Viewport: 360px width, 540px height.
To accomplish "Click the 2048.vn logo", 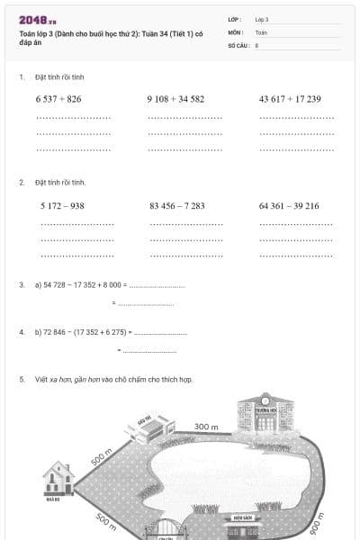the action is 38,20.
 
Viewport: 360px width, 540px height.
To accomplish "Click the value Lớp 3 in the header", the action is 262,19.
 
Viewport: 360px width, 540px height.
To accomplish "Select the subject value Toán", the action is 261,31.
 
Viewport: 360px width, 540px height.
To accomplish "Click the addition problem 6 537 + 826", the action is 58,99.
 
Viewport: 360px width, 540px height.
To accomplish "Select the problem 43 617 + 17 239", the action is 290,99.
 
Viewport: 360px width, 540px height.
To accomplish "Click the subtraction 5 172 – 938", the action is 62,206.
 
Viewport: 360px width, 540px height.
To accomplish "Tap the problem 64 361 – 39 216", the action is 289,206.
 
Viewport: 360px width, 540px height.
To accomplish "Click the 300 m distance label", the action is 206,427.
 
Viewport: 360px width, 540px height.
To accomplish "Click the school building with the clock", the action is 265,414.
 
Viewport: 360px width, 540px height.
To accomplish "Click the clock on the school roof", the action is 265,399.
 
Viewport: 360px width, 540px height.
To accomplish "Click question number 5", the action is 22,380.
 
